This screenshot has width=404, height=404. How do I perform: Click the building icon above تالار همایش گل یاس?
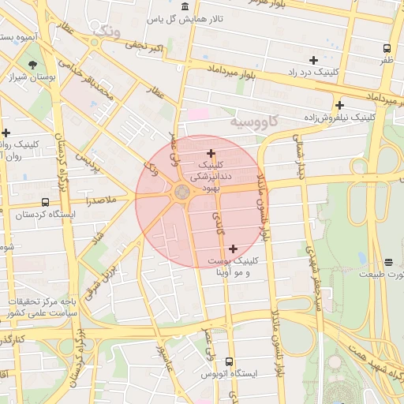[185, 6]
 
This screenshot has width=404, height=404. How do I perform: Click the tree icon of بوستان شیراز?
[32, 64]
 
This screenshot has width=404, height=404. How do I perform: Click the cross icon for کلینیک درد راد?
[313, 60]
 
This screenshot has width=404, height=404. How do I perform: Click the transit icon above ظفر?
[386, 48]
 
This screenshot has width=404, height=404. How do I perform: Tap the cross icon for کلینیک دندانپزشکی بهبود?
[211, 153]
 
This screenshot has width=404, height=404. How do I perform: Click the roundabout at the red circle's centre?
[182, 192]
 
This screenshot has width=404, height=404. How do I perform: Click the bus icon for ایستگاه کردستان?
[45, 202]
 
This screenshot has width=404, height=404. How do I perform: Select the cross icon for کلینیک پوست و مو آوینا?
[233, 249]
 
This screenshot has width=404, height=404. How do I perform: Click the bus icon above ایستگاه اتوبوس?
[230, 361]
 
